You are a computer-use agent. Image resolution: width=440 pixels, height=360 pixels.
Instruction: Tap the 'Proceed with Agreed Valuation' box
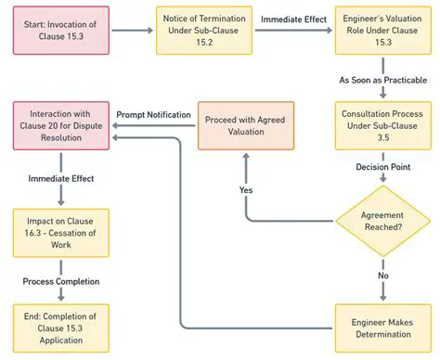244,126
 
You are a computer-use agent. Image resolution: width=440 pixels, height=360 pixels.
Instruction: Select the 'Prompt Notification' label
154,114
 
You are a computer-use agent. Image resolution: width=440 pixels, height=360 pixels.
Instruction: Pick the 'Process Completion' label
60,280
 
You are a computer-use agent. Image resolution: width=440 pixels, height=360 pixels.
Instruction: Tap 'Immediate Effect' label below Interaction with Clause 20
60,176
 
